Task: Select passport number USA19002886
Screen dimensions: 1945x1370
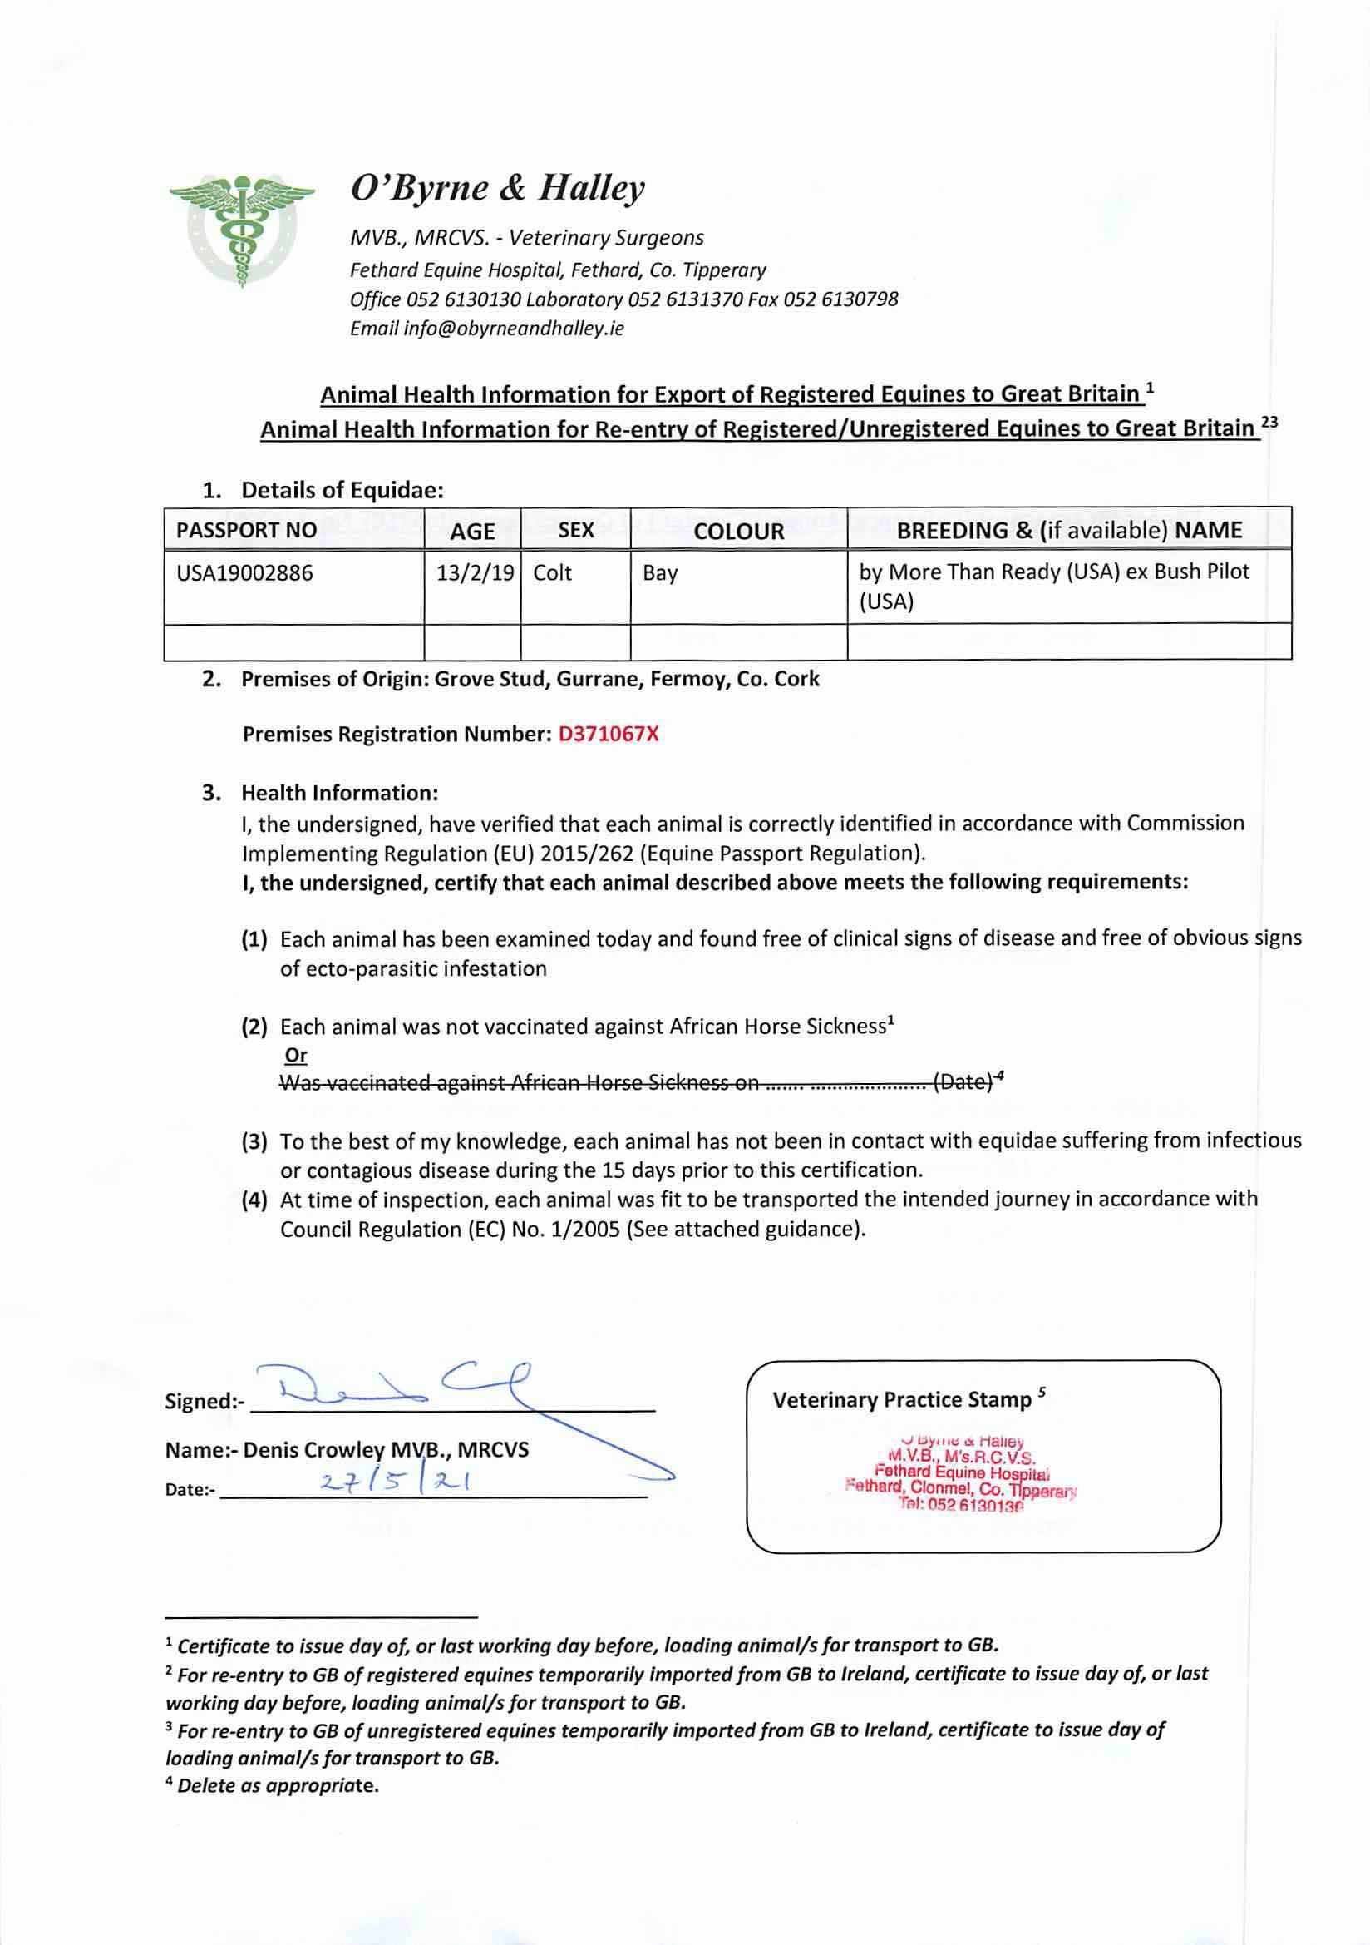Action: (x=244, y=573)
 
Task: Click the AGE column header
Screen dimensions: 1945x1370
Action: (x=471, y=531)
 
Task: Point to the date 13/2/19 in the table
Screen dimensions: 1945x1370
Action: (x=475, y=573)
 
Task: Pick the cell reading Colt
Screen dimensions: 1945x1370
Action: (x=553, y=573)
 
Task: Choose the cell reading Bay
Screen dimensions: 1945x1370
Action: (x=659, y=573)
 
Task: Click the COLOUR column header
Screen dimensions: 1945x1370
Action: (x=738, y=531)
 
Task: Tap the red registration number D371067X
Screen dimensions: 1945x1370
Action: (x=608, y=735)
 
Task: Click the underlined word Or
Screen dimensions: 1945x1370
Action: (x=295, y=1056)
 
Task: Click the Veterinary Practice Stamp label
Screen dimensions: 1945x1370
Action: (x=903, y=1400)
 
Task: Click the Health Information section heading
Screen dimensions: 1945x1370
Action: (x=339, y=794)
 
